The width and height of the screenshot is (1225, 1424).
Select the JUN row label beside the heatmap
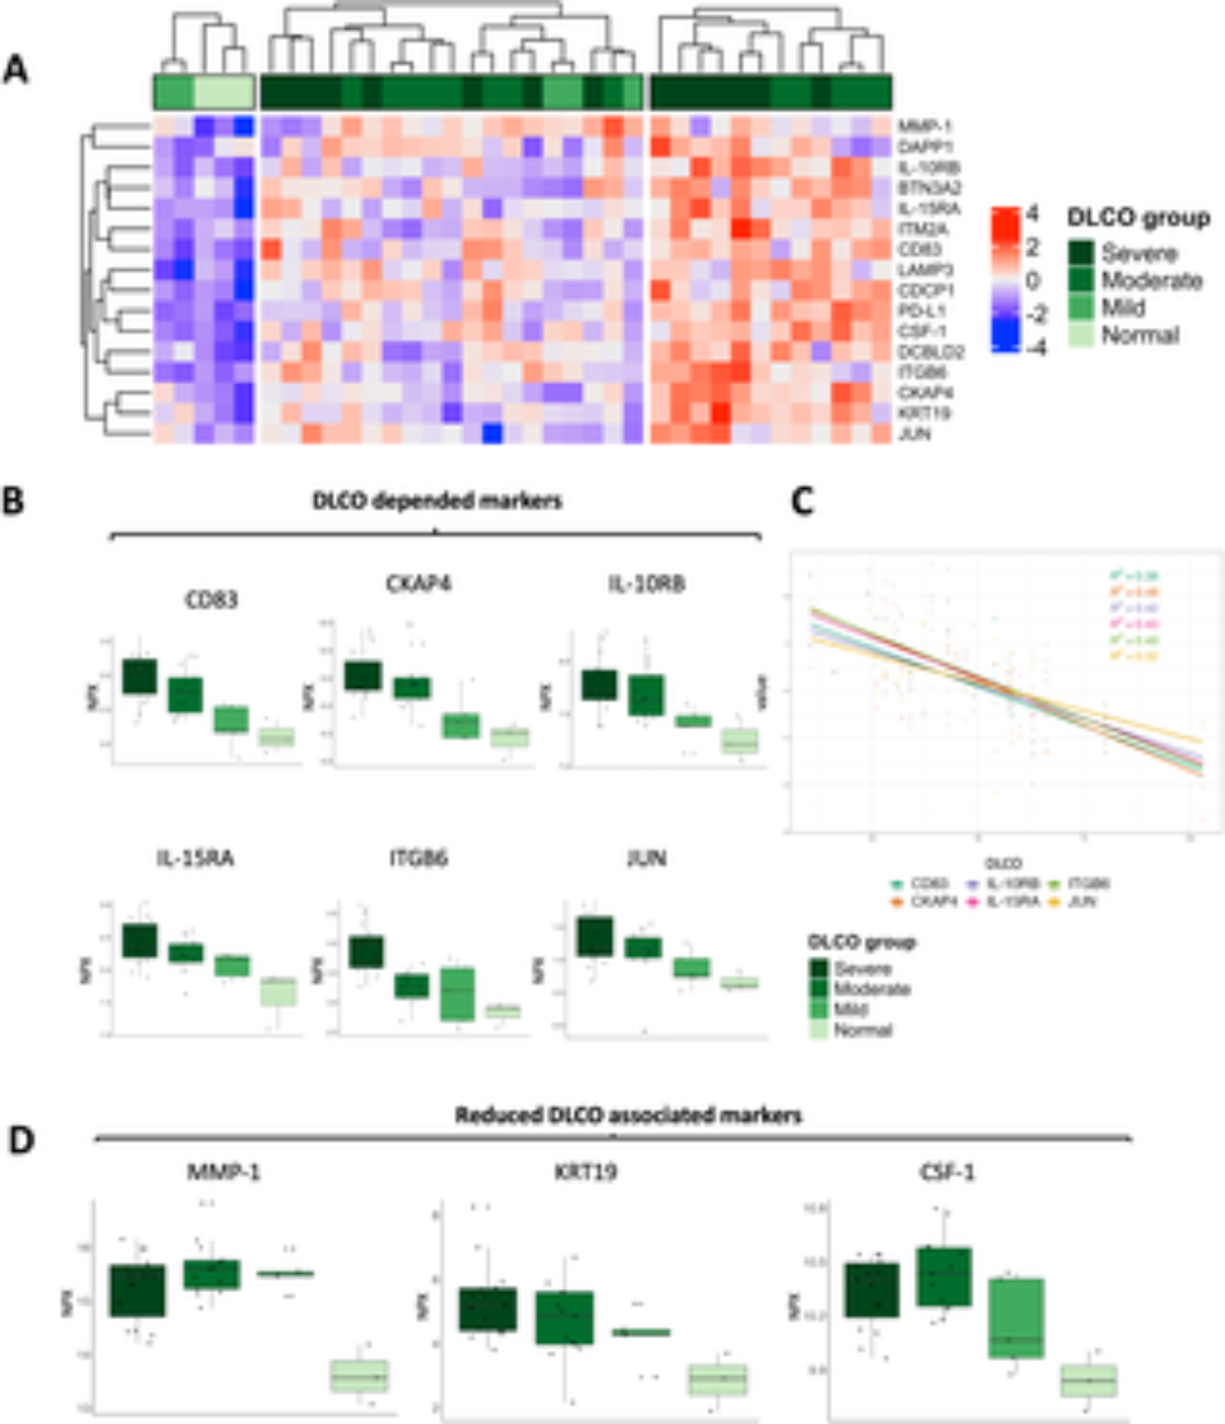914,434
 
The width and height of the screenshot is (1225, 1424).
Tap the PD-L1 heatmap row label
922,311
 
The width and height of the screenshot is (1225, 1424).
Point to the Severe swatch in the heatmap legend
1081,253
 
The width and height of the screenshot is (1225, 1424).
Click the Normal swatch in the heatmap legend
1081,335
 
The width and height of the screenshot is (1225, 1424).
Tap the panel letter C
803,502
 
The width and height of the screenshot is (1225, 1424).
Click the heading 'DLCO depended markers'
437,501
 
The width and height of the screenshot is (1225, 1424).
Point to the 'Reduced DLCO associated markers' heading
628,1115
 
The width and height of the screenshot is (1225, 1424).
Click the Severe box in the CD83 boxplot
140,676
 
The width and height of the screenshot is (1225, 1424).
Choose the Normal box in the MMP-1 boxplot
360,1376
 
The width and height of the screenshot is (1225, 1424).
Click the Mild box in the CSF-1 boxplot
1017,1318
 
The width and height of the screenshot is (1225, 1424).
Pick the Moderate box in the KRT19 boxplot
565,1317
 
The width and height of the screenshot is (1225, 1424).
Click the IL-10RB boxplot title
647,584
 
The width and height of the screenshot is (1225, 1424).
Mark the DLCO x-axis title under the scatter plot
1003,864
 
